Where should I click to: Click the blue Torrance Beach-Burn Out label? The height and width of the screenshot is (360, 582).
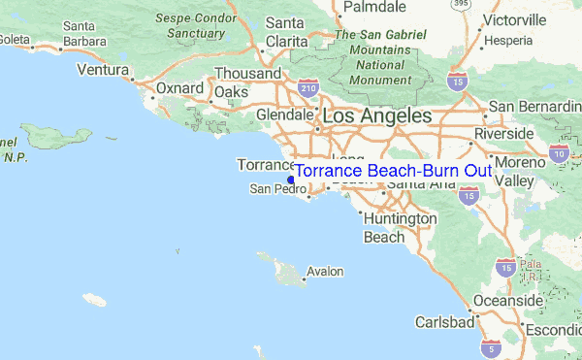coord(393,171)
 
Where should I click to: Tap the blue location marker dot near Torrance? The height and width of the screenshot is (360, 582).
coord(291,179)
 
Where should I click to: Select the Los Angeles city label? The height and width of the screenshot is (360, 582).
coord(377,115)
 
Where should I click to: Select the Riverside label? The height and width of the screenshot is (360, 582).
coord(503,132)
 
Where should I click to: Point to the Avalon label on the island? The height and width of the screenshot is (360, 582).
coord(324,272)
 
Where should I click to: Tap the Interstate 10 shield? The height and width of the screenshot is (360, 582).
coord(558,152)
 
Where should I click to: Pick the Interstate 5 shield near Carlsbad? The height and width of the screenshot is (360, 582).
coord(495,346)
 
